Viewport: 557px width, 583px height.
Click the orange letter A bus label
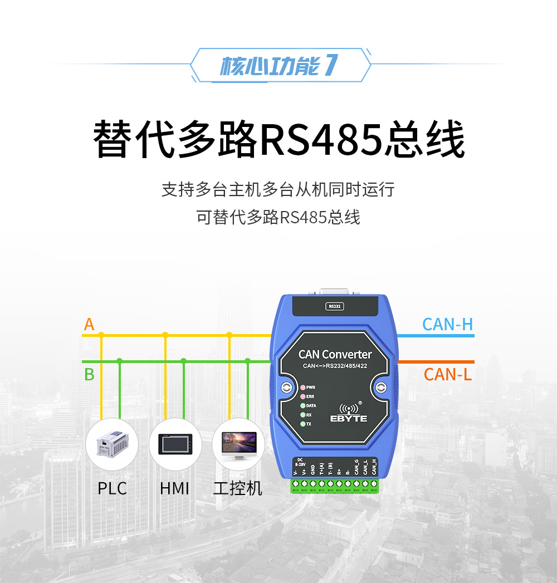[x=89, y=324]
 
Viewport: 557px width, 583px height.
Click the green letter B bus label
[x=89, y=374]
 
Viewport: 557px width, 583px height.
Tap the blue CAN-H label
[x=447, y=324]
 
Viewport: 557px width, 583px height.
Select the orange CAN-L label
[x=447, y=374]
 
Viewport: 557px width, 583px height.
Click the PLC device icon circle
[x=112, y=444]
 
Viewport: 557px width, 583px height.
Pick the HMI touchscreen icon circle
[x=175, y=444]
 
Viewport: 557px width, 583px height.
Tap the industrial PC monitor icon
[x=238, y=444]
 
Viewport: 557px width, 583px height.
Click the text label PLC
[x=112, y=488]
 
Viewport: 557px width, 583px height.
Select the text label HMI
[x=175, y=488]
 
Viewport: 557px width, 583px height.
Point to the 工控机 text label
[x=238, y=488]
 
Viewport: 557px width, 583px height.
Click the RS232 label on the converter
[x=334, y=306]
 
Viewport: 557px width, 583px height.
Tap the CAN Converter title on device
[x=335, y=354]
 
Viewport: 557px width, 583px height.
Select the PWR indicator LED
[x=302, y=387]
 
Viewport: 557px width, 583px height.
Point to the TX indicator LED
[x=302, y=424]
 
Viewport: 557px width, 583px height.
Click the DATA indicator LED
[x=302, y=406]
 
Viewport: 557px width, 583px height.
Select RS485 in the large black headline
[x=321, y=139]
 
